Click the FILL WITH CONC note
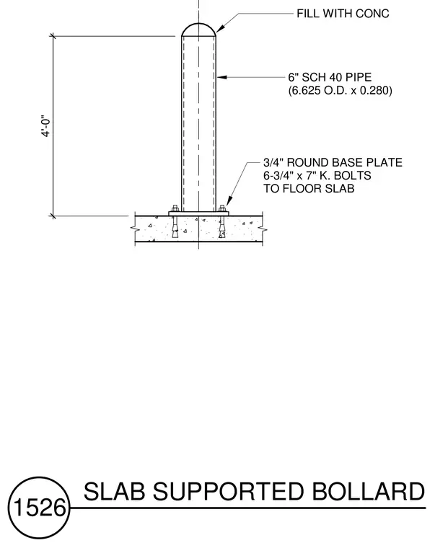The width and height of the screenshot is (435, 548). [343, 14]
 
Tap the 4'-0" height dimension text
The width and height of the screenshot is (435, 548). [46, 125]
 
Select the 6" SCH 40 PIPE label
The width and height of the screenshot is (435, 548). [330, 77]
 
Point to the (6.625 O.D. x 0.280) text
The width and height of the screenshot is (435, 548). [340, 91]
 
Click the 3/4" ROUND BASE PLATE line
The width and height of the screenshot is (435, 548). [333, 162]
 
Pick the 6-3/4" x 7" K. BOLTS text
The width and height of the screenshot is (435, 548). [317, 175]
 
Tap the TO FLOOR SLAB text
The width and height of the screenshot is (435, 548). [309, 188]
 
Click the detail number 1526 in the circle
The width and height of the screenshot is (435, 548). [40, 508]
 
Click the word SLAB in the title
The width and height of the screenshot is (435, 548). [114, 491]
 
